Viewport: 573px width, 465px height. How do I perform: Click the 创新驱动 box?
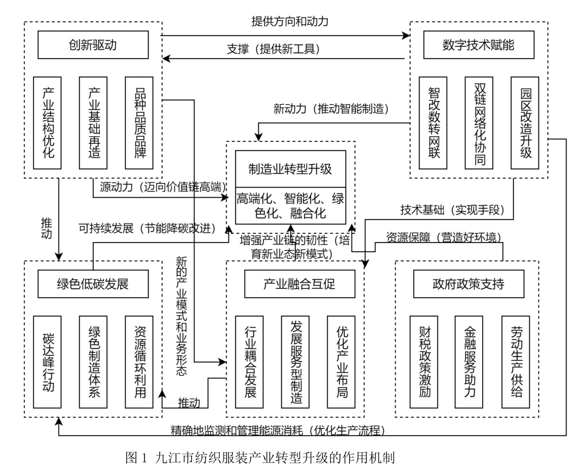coord(93,45)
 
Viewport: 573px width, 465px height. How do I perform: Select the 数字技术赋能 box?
coord(478,45)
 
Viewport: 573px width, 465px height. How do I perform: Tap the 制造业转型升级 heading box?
coord(290,169)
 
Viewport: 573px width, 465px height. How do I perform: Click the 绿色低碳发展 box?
coord(93,284)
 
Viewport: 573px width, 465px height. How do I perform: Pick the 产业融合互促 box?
coord(299,284)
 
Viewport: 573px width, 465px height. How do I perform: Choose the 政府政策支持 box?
coord(468,284)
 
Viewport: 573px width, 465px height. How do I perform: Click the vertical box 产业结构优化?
coord(47,123)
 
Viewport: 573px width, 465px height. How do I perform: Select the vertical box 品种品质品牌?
coord(139,123)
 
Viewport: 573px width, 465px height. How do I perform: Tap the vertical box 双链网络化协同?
coord(479,123)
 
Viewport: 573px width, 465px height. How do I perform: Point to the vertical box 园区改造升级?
coord(525,123)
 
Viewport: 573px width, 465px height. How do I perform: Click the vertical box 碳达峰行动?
coord(47,362)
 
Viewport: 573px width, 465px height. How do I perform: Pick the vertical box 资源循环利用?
coord(139,362)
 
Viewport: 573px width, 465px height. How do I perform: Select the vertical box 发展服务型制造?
coord(295,362)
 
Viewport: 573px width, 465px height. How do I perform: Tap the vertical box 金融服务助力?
coord(469,362)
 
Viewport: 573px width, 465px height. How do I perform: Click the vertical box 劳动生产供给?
coord(515,362)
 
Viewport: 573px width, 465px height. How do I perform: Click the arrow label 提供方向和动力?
coord(290,22)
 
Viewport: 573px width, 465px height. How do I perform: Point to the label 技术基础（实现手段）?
coord(452,210)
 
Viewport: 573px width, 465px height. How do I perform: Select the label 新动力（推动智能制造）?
coord(331,109)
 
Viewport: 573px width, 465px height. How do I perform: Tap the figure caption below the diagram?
coord(260,457)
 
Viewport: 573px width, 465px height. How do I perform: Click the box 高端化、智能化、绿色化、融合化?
coord(290,206)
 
